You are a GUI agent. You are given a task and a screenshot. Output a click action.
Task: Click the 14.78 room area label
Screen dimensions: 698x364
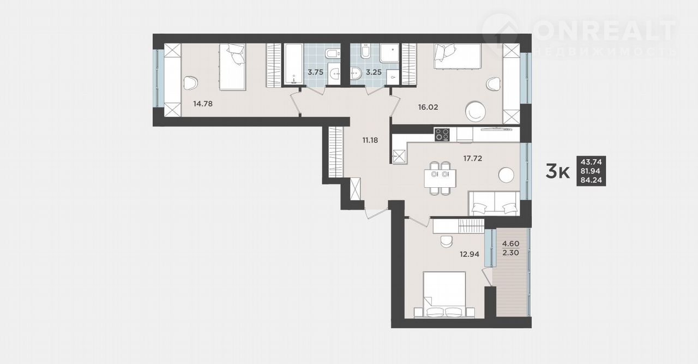pos(203,104)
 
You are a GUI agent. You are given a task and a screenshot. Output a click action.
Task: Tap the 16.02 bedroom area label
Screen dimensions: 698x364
pos(428,108)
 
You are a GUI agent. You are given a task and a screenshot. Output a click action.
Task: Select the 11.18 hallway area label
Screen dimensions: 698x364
pos(370,140)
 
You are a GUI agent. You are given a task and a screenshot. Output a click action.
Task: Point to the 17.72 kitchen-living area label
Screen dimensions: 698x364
pos(473,158)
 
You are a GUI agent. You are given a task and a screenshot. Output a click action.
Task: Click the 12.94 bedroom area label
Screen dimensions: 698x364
pos(470,254)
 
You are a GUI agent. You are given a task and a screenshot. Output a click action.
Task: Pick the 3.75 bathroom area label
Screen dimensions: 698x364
pos(315,73)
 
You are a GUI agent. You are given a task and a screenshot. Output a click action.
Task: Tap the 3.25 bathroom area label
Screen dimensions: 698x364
pos(374,73)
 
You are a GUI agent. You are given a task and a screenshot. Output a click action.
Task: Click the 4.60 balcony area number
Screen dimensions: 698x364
pos(511,243)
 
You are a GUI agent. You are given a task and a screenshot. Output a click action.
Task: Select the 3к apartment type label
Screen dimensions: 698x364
pos(557,171)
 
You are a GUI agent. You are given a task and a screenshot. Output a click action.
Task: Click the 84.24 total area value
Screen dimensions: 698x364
pos(591,180)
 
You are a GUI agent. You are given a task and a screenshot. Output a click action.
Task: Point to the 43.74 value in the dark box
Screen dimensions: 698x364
pos(591,162)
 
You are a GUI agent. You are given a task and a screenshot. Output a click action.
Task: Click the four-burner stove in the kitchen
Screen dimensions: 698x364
pos(442,135)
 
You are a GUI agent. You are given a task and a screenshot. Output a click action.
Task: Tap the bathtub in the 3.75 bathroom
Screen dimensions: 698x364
pos(293,64)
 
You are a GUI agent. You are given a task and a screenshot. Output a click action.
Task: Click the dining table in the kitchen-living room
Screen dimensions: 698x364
pos(440,178)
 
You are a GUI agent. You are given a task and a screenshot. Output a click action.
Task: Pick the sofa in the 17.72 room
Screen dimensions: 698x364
pos(495,204)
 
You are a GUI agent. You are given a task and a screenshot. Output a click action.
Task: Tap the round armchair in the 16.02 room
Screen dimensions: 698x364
pos(475,111)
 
